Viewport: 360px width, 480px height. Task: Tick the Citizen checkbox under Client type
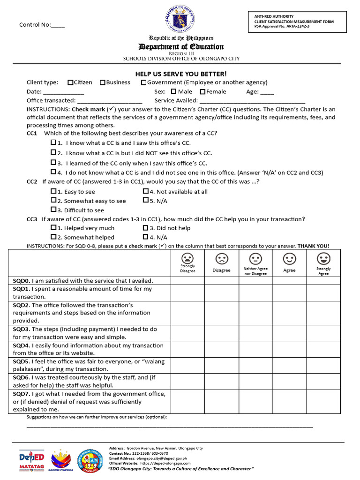click(x=70, y=82)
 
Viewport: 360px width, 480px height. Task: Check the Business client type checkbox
click(x=102, y=82)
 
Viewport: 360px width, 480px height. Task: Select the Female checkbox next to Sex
click(x=203, y=92)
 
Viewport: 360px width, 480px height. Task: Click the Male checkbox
click(x=174, y=92)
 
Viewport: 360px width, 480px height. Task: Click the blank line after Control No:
click(x=58, y=25)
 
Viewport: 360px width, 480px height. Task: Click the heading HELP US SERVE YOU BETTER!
click(x=181, y=74)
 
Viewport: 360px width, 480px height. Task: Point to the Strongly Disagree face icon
click(x=187, y=258)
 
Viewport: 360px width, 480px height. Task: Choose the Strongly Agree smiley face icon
click(x=323, y=258)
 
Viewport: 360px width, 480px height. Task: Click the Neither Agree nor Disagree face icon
click(x=255, y=258)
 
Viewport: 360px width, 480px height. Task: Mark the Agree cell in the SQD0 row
click(x=290, y=281)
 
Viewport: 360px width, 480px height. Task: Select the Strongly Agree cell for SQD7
click(x=323, y=402)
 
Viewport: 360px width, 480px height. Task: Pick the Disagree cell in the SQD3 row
click(x=221, y=333)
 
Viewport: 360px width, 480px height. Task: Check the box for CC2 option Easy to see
click(x=53, y=191)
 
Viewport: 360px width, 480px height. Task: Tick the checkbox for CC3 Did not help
click(x=146, y=228)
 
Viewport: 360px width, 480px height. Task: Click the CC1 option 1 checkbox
click(x=53, y=142)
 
